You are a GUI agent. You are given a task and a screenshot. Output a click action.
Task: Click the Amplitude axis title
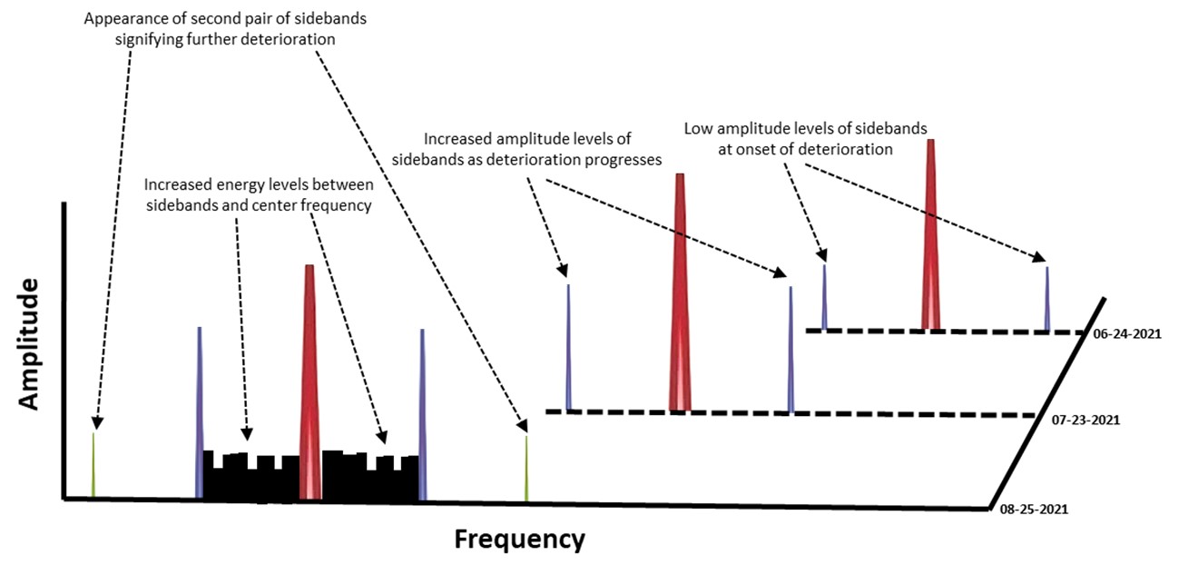tap(29, 345)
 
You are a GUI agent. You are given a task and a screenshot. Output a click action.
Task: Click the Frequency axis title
tap(519, 540)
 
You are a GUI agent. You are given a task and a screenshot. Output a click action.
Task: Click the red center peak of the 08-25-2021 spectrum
tap(309, 382)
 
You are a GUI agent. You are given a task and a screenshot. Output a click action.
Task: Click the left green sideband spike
tap(93, 465)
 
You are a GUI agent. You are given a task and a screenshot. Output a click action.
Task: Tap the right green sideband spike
tap(526, 468)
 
